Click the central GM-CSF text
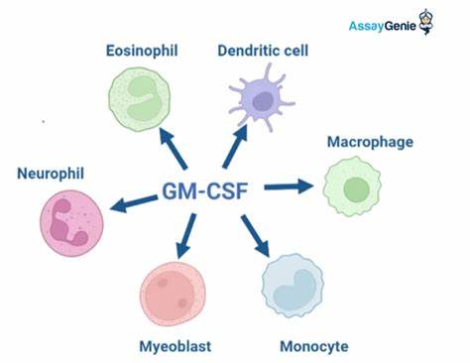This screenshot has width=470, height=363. (205, 190)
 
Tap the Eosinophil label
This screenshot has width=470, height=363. (142, 51)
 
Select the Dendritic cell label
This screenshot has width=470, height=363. (263, 51)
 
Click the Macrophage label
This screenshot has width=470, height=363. (370, 143)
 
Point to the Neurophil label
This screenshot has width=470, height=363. (51, 174)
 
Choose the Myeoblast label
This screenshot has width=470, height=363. (176, 347)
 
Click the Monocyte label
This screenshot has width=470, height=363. (314, 347)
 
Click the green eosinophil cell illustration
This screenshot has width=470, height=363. (140, 99)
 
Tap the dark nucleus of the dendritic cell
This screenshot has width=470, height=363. (263, 101)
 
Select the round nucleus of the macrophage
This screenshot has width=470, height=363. (356, 189)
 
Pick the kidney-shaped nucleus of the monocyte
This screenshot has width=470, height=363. (294, 287)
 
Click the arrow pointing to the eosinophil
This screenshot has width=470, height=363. (173, 148)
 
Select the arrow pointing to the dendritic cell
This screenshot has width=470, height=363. (235, 147)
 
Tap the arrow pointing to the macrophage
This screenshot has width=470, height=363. (289, 186)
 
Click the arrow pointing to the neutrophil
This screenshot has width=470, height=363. (134, 203)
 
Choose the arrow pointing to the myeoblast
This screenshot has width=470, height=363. (185, 236)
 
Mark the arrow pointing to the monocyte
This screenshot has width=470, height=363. (255, 236)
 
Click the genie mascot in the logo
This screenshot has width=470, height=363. (426, 22)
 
